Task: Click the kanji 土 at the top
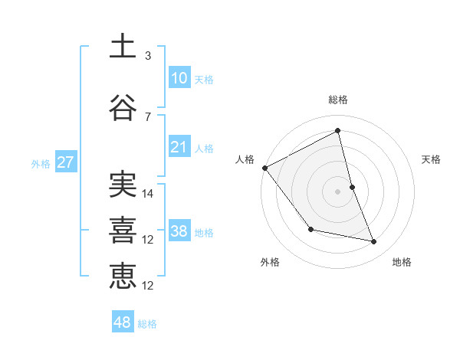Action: point(123,46)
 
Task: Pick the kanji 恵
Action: point(123,276)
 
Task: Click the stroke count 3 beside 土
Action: point(147,56)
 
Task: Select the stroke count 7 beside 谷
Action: point(147,117)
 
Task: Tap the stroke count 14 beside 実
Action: point(149,194)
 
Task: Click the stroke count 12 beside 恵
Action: point(149,286)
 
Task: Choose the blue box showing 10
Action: point(179,78)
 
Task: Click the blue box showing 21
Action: point(179,147)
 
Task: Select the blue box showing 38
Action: point(179,231)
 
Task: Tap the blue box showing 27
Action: point(65,162)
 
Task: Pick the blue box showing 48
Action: point(123,322)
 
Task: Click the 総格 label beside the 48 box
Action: point(147,324)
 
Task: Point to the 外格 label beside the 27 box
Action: point(40,164)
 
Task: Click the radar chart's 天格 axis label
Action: point(432,159)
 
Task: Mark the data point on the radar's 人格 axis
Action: point(265,168)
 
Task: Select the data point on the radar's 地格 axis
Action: point(374,242)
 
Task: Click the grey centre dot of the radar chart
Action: point(338,191)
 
